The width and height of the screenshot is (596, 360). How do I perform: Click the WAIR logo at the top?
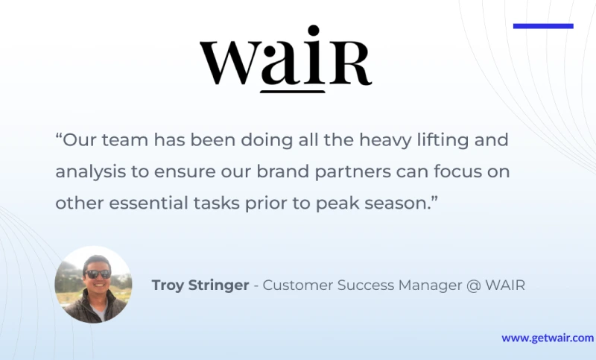point(286,59)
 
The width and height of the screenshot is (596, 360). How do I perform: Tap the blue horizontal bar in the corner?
point(543,26)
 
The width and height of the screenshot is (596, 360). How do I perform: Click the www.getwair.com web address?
point(548,338)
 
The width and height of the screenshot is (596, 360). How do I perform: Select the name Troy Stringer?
point(200,285)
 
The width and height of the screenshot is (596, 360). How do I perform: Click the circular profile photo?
point(94,285)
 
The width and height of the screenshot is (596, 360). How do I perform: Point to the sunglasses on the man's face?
point(98,274)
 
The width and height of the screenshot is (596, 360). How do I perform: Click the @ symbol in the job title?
point(474,285)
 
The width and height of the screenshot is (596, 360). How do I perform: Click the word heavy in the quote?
point(385,140)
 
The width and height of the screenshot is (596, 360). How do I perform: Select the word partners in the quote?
point(352,172)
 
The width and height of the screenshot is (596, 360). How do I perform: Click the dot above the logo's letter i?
point(313,31)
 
